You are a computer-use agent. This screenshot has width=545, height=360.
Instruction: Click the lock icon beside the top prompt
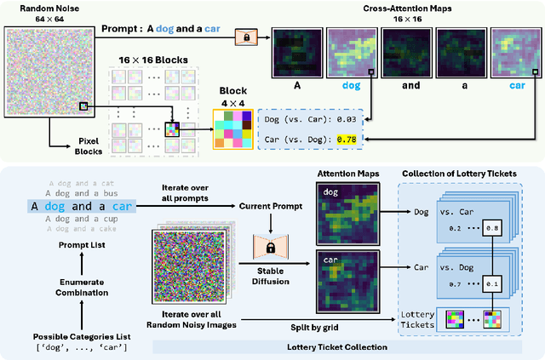tap(247, 38)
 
